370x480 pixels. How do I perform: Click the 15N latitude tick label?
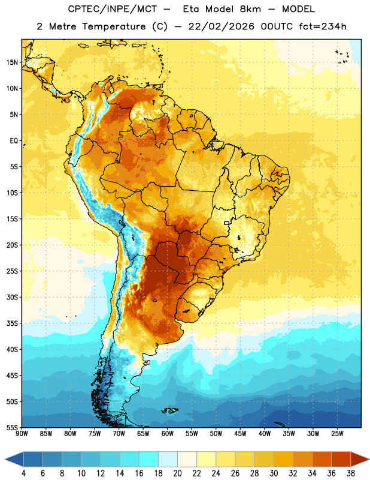tap(12, 62)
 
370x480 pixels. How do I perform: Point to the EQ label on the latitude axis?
tap(14, 141)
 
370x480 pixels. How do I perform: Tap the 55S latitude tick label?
tap(12, 427)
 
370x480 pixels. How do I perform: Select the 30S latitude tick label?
tap(12, 297)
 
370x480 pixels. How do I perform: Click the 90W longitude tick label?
tap(22, 434)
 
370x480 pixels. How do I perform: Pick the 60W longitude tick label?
tap(168, 434)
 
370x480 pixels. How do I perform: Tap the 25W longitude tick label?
tap(337, 434)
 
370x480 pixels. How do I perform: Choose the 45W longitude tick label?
tap(240, 434)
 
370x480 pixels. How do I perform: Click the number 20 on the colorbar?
tap(177, 473)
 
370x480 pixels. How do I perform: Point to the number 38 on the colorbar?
tap(350, 473)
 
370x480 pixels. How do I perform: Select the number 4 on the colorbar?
tap(23, 473)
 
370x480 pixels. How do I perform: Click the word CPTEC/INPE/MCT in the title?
tap(112, 9)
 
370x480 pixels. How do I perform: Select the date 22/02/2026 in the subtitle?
tap(222, 26)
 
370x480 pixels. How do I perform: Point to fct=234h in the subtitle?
tap(323, 26)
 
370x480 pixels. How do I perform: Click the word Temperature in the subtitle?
tap(114, 27)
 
